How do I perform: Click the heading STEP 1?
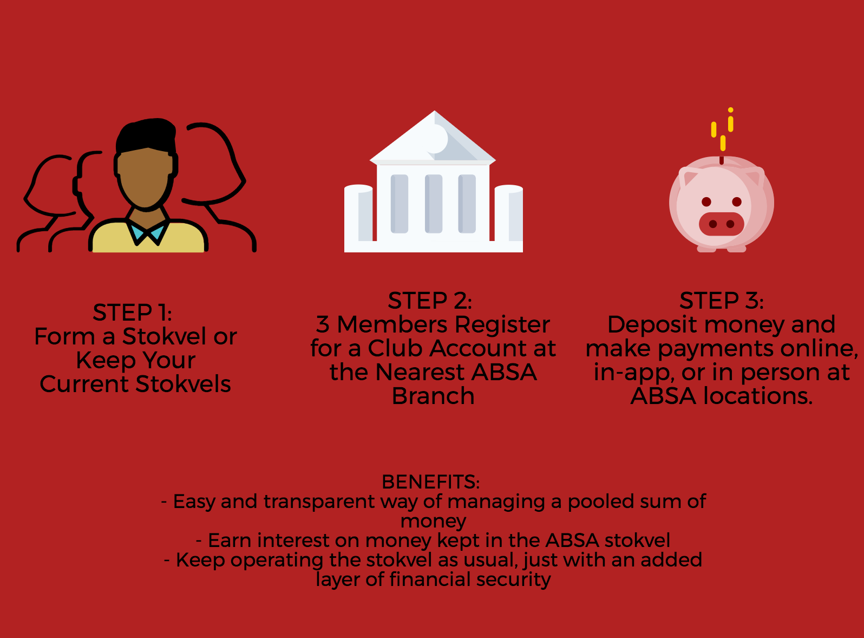click(x=133, y=312)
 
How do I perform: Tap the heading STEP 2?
click(x=430, y=300)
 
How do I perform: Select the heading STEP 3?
click(x=722, y=300)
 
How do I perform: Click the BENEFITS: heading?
click(x=431, y=481)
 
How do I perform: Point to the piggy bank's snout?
click(x=722, y=224)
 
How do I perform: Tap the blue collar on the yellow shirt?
click(x=147, y=232)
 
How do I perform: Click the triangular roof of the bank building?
click(x=433, y=136)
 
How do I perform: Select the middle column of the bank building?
click(x=434, y=204)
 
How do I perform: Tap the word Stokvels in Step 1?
click(x=184, y=384)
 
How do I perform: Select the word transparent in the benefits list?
click(x=319, y=502)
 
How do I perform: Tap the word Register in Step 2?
click(x=502, y=325)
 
